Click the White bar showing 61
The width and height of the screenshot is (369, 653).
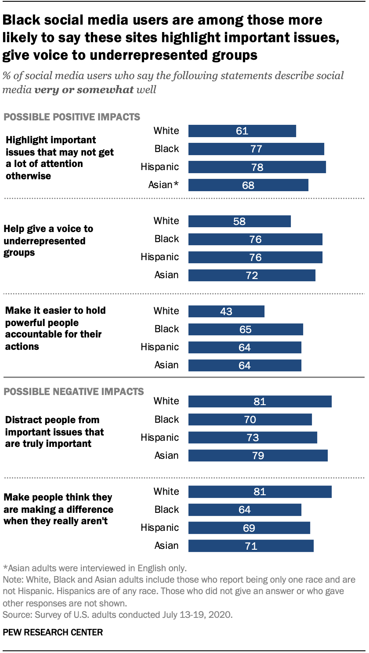(x=242, y=131)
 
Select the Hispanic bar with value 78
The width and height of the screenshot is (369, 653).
(x=257, y=167)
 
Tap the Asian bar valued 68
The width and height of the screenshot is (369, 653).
(x=248, y=185)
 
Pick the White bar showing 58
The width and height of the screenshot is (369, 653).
(x=239, y=221)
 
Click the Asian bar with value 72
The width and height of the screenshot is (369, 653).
(x=252, y=276)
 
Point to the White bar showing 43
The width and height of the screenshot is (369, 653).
(x=226, y=312)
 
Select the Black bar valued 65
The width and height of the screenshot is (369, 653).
(x=246, y=330)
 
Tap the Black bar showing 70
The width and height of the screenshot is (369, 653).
(x=250, y=420)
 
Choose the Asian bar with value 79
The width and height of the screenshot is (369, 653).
(x=258, y=456)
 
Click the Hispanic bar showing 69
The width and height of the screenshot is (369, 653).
(x=249, y=528)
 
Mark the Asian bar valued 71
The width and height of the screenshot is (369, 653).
(x=251, y=546)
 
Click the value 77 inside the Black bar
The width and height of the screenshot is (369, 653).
(x=256, y=149)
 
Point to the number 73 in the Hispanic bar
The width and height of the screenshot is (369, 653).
(x=253, y=438)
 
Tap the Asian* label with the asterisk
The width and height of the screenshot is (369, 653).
(x=163, y=185)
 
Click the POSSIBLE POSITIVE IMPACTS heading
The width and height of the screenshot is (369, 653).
(x=72, y=117)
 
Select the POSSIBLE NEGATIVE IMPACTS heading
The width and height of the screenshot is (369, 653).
(x=73, y=391)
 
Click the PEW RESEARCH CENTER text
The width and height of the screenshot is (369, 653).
(x=53, y=633)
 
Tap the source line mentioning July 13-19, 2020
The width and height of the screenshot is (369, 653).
(x=118, y=614)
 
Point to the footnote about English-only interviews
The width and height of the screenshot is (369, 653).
(x=95, y=567)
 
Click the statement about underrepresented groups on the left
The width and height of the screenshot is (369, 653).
(x=48, y=241)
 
